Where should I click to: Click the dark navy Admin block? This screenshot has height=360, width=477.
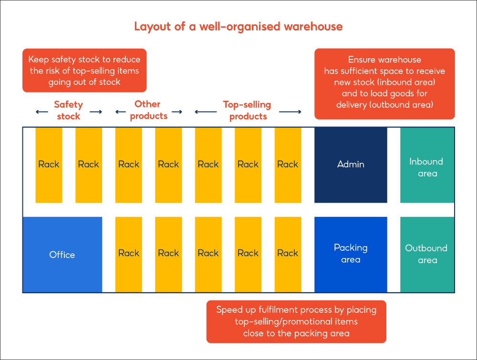[351, 165]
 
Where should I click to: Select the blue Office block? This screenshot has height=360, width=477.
[62, 255]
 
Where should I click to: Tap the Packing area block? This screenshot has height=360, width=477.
[351, 254]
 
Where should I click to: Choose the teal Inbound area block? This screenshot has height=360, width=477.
[427, 165]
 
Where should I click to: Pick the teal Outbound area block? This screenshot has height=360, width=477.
[427, 254]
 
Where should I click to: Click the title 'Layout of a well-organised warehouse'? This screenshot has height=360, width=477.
[238, 26]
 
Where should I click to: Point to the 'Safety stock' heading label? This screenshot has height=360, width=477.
[69, 110]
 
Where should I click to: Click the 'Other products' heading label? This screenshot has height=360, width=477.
[148, 110]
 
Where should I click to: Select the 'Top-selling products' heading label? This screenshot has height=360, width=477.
[247, 110]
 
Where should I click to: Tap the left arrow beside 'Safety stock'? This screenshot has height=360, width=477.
[41, 112]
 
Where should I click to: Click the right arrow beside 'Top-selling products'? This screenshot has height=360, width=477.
[290, 112]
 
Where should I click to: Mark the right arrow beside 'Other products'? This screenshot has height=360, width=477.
[176, 112]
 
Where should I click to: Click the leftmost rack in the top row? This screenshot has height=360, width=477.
[49, 165]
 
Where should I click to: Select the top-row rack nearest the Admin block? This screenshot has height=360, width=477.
[288, 165]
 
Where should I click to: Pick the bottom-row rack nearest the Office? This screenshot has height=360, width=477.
[128, 254]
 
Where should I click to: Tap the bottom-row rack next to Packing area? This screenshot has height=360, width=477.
[288, 254]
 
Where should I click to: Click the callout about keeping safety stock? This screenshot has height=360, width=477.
[84, 71]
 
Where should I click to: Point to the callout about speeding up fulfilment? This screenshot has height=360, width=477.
[296, 322]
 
